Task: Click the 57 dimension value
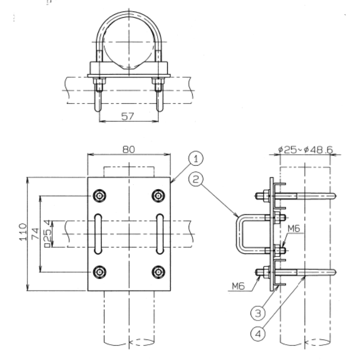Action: [x=128, y=116]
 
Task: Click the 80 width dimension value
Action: [x=129, y=149]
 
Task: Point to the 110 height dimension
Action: [x=23, y=232]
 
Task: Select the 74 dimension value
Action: [x=36, y=234]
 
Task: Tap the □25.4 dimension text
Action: [x=47, y=234]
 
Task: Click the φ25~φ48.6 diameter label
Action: [x=305, y=150]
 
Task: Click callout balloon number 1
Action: [x=195, y=158]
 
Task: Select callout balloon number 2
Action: [x=195, y=179]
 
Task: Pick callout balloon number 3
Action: [x=258, y=313]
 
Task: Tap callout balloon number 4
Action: [x=258, y=334]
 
